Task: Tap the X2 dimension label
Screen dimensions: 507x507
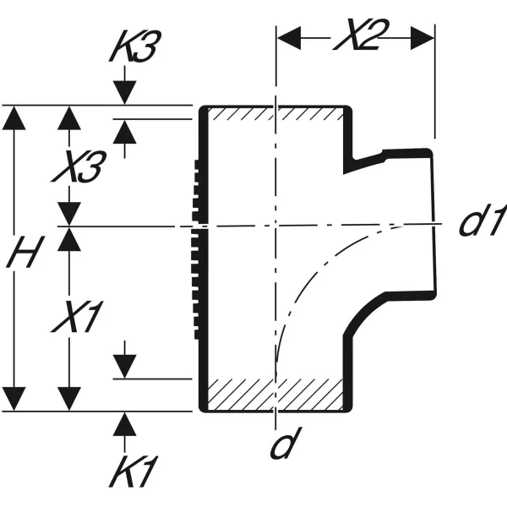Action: [361, 35]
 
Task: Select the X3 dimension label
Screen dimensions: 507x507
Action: [79, 166]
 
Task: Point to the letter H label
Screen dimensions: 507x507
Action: [25, 252]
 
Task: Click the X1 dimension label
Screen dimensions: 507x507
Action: [78, 317]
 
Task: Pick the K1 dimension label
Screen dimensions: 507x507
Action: [134, 472]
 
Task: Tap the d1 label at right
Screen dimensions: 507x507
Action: [482, 221]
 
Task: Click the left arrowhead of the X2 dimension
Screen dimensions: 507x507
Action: [289, 38]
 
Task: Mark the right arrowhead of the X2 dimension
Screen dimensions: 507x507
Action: [422, 38]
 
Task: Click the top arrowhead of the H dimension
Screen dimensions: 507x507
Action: [14, 118]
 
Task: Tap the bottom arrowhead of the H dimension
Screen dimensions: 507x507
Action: [14, 399]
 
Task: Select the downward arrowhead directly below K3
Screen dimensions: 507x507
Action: [125, 93]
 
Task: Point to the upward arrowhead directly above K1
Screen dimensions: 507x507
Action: [125, 424]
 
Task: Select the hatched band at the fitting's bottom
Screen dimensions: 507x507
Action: [275, 394]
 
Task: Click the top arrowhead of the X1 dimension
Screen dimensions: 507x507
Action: [69, 239]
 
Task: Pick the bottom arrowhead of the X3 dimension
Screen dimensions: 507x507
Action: [69, 214]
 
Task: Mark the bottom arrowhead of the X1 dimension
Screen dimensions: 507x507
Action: [69, 399]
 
